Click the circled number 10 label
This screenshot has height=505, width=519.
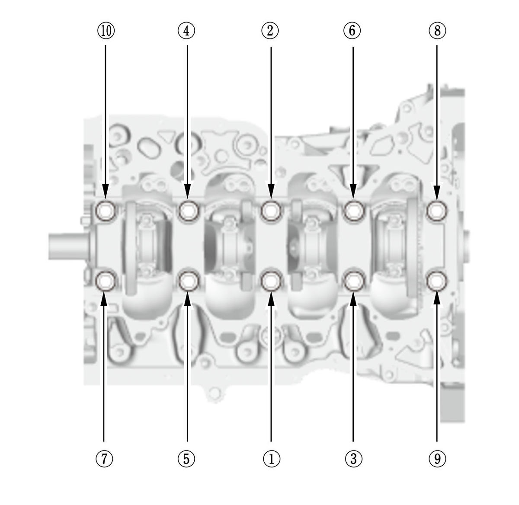[x=106, y=31]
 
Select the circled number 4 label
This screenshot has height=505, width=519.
[x=186, y=31]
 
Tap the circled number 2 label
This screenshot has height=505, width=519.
[x=270, y=31]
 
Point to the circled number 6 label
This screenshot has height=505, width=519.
[x=352, y=31]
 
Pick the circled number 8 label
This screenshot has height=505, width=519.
[x=437, y=31]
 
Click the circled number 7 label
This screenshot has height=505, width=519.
[x=104, y=459]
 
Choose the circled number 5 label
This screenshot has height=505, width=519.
[x=186, y=459]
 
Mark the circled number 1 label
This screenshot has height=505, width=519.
[x=272, y=459]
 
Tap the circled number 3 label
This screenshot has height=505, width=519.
[x=354, y=459]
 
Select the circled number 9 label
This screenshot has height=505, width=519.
[x=437, y=459]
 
